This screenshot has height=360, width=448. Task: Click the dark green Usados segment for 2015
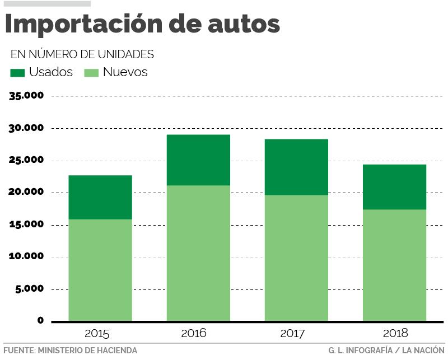point(100,197)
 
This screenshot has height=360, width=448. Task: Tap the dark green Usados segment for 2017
point(296,167)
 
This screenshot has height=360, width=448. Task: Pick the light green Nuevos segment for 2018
point(394,265)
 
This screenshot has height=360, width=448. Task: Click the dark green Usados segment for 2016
point(198,160)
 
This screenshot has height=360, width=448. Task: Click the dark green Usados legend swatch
point(17,72)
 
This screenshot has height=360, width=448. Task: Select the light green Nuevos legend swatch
point(91,72)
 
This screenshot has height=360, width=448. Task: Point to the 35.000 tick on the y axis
point(26,96)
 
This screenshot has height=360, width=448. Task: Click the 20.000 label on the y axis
point(26,193)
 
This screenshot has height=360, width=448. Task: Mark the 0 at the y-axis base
point(40,321)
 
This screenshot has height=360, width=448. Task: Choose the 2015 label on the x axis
point(97,334)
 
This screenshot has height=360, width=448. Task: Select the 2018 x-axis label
point(395,334)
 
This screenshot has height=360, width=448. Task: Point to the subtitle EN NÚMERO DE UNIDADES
point(82,54)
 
